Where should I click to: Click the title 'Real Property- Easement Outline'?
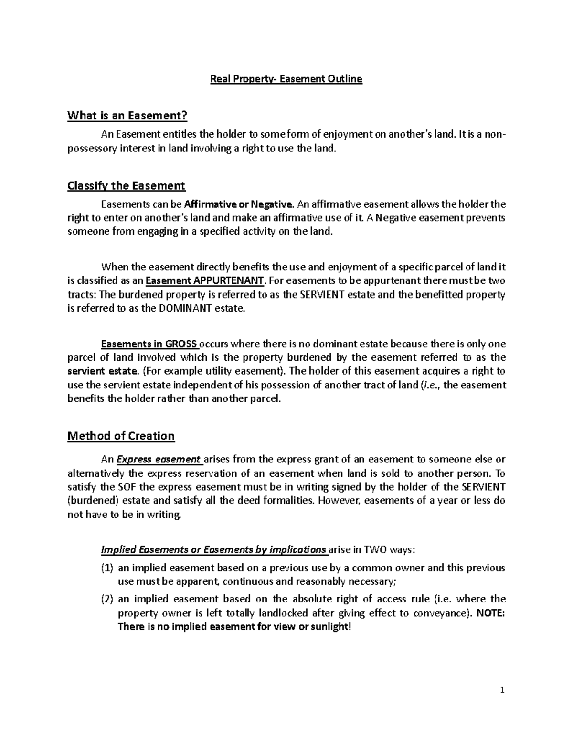(286, 79)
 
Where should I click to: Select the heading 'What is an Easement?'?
(127, 116)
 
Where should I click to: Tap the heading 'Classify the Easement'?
(126, 185)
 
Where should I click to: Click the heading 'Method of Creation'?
(121, 436)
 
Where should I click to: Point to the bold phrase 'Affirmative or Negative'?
(238, 204)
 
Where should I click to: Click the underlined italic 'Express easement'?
(159, 460)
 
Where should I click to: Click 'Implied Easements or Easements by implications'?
(213, 550)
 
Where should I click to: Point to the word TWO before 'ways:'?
(376, 550)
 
